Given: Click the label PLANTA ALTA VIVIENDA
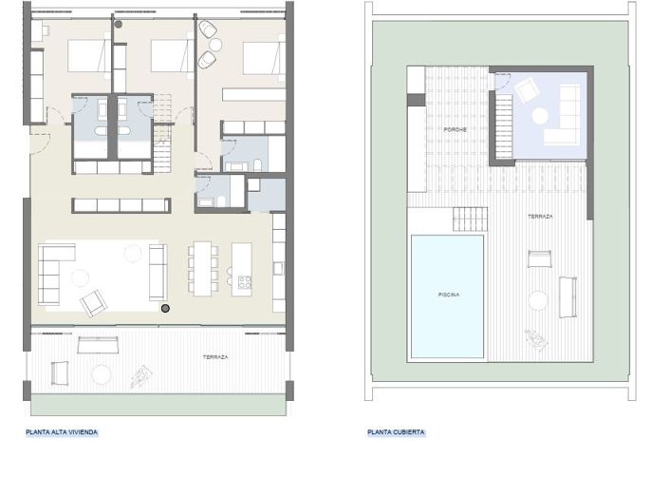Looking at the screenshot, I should click(x=62, y=431).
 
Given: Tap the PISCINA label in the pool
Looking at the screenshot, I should click(x=448, y=296).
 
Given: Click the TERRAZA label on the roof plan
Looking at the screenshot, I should click(x=541, y=217).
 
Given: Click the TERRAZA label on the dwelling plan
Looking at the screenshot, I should click(x=215, y=357).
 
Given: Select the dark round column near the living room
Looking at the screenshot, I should click(x=165, y=309).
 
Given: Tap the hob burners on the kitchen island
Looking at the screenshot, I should click(x=243, y=281).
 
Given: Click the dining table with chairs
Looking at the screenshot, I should click(x=203, y=266).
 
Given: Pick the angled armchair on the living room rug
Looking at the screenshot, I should click(x=95, y=302).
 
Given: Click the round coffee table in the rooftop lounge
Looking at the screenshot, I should click(x=540, y=116).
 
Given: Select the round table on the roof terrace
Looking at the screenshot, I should click(x=539, y=301).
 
